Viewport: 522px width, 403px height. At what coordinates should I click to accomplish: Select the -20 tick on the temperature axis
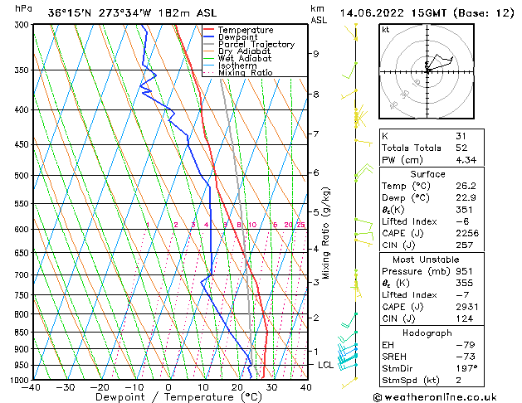(100, 386)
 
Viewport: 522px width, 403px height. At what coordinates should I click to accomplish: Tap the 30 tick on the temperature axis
(271, 386)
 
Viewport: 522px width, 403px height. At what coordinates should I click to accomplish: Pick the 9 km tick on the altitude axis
(316, 54)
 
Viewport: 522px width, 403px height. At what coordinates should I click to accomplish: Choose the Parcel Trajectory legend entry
(256, 44)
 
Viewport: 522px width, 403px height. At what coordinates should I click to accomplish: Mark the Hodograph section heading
(427, 332)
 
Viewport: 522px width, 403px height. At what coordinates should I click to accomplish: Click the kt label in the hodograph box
(385, 29)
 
